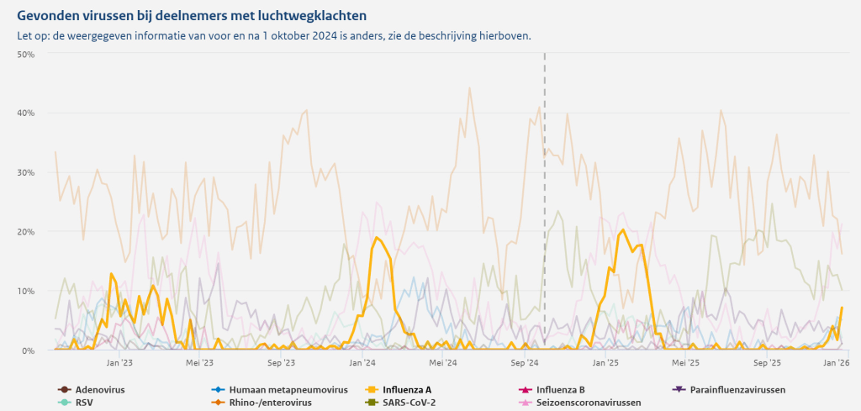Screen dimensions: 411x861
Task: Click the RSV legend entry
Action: pos(84,403)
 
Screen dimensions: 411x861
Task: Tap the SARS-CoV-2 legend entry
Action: pos(409,403)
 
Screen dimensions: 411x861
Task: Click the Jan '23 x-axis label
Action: pos(119,363)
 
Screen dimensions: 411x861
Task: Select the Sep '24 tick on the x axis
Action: pos(525,363)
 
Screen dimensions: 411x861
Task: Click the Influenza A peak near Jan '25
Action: pos(622,230)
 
